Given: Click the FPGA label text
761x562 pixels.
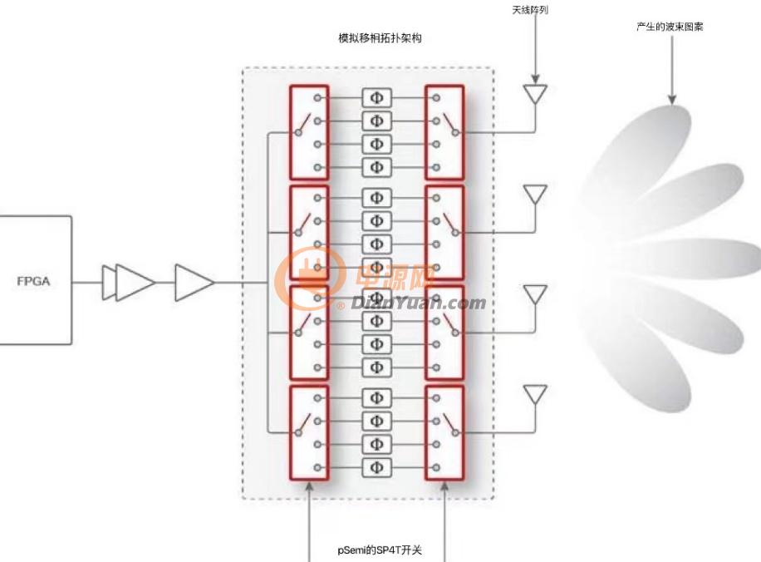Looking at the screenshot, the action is point(33,281).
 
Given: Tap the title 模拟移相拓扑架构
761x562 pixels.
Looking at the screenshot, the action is point(380,38).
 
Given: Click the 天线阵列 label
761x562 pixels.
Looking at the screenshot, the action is point(530,10).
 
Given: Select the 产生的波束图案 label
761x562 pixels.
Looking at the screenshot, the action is point(670,27).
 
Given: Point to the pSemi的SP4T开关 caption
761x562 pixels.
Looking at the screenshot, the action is point(380,550).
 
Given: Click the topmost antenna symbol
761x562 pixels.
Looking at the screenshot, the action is point(535,94).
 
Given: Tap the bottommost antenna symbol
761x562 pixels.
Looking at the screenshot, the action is point(535,395).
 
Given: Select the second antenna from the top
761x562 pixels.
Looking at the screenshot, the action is point(535,195).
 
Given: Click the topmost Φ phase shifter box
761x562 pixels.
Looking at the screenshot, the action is point(376,98).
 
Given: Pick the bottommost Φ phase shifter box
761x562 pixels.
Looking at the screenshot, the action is point(376,468).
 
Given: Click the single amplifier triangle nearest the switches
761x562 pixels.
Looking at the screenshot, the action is point(194,282).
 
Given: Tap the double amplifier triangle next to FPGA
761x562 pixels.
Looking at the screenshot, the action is point(129,282).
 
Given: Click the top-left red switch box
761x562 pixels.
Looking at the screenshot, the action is point(309,133).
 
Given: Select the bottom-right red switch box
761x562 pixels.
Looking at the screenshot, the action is point(444,433).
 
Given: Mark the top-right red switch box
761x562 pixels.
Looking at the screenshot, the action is point(444,133).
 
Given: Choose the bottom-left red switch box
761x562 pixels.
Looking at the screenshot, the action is point(309,433).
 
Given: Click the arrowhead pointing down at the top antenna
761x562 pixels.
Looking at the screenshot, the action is point(535,79).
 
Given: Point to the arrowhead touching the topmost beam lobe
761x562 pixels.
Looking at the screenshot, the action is point(672,100).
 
